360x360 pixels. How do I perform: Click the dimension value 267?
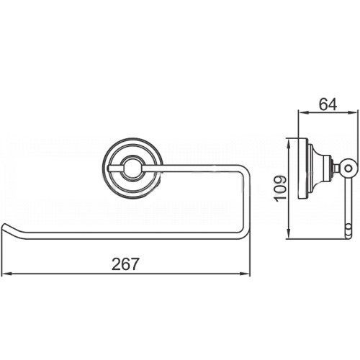pyautogui.click(x=125, y=264)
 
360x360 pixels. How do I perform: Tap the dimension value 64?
pyautogui.click(x=328, y=104)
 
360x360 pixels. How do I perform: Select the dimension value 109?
pyautogui.click(x=280, y=189)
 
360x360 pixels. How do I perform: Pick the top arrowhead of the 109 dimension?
pyautogui.click(x=289, y=143)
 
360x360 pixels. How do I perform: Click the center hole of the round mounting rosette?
pyautogui.click(x=132, y=168)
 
